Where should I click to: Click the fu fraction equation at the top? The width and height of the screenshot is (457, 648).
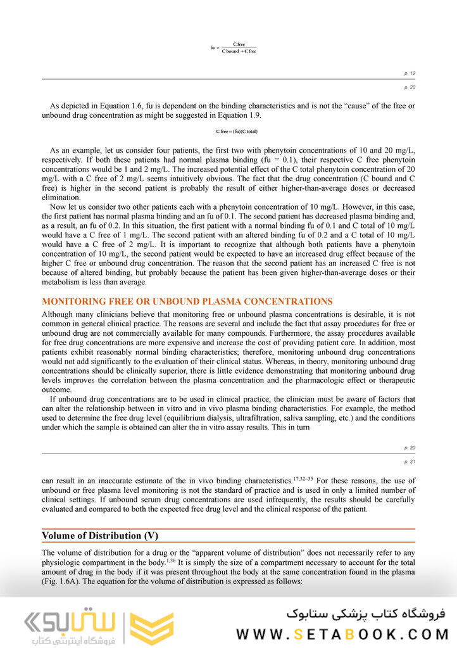click(234, 48)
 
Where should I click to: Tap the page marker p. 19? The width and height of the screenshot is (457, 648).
click(410, 73)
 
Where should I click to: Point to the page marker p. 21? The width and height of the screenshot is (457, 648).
click(410, 462)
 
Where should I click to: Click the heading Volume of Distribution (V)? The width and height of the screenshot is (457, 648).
click(100, 536)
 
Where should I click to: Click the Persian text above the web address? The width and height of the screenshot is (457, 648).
click(366, 613)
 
